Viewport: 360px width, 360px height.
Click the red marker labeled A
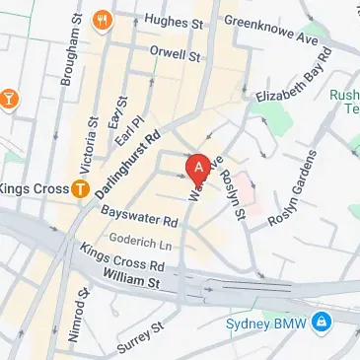click(x=198, y=169)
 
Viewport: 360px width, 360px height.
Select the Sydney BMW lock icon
click(x=321, y=323)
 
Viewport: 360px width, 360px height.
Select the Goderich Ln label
click(x=140, y=241)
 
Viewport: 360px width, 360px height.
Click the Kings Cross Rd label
click(x=122, y=258)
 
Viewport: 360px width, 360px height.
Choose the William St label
click(x=130, y=280)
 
